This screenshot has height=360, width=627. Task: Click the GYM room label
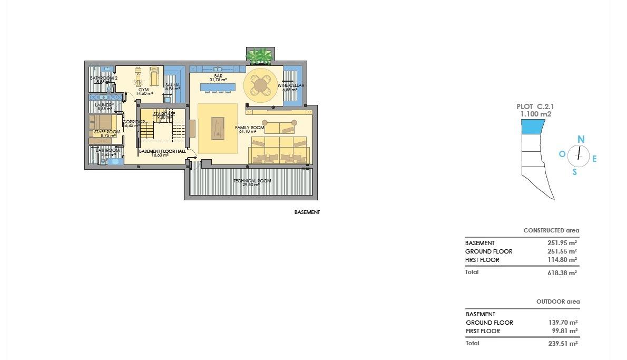143,90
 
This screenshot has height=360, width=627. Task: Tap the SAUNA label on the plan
172,85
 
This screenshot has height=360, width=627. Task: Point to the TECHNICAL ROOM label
252,181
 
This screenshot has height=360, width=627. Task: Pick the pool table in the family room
218,128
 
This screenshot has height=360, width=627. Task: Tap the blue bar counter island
218,86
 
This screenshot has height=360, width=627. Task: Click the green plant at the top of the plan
259,55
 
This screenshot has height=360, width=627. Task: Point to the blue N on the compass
581,140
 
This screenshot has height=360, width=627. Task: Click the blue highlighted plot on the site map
533,127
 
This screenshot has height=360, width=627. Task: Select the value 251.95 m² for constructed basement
562,243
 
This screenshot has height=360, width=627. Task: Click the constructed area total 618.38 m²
562,273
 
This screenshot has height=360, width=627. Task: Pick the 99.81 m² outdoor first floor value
563,331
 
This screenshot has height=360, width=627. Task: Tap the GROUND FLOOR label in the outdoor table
489,323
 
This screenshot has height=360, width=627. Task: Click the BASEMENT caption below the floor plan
307,212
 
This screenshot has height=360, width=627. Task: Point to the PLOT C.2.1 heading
535,106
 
